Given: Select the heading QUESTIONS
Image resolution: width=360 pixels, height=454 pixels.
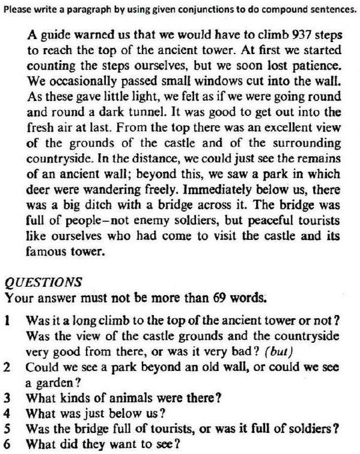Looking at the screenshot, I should click(42, 282).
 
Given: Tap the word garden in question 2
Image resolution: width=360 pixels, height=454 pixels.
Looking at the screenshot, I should click(52, 381).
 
